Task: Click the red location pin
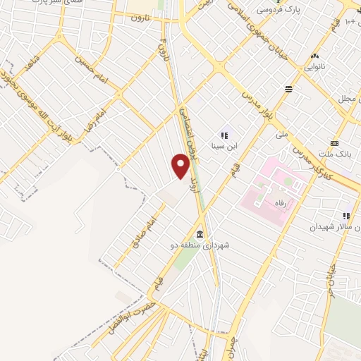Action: (181, 166)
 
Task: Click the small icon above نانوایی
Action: (314, 56)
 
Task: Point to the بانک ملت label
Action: (335, 154)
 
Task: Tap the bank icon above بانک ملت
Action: (334, 143)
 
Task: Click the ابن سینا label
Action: (226, 147)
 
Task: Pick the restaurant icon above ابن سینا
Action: (225, 135)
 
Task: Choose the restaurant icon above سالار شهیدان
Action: (346, 216)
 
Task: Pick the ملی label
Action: (283, 133)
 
